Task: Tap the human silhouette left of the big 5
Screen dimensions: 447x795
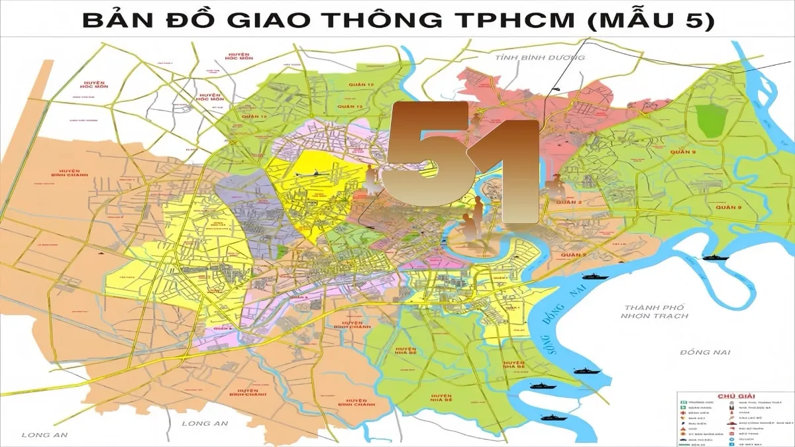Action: point(372,179)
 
